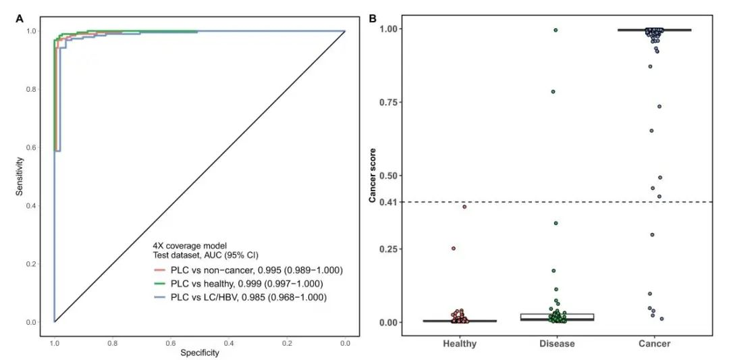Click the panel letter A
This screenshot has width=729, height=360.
20,18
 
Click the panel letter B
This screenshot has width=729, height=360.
372,18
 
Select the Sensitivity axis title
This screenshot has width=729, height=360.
21,177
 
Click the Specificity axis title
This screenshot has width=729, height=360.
199,352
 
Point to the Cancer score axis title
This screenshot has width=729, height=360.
372,176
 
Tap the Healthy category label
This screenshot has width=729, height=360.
460,344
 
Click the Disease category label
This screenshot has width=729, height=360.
557,344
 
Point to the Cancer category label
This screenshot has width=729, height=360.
654,344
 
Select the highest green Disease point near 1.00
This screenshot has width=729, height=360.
556,30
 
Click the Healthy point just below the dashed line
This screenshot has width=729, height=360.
464,207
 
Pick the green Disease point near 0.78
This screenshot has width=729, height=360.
553,91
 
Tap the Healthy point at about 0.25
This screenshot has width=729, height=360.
454,249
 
